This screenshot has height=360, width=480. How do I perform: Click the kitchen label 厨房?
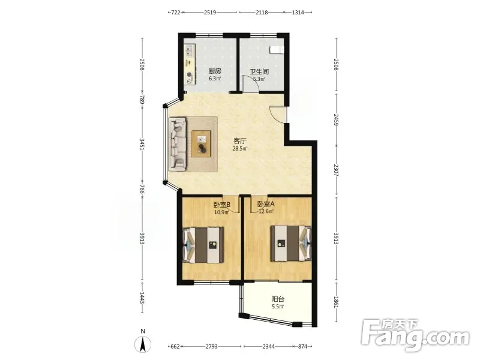(215, 71)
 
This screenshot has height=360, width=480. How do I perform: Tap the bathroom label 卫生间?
(259, 72)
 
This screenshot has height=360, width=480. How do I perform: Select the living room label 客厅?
(240, 141)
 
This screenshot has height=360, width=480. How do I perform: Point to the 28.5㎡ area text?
(240, 149)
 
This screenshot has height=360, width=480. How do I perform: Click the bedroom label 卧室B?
(221, 204)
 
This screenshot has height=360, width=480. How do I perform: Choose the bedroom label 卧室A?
(266, 204)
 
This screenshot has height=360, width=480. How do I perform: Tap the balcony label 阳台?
(278, 299)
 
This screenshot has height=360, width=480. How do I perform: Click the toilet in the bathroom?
(277, 50)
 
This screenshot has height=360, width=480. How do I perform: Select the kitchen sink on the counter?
(190, 51)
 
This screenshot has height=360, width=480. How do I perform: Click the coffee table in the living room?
(202, 144)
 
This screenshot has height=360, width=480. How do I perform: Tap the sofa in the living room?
(178, 144)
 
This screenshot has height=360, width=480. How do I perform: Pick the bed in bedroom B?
(203, 245)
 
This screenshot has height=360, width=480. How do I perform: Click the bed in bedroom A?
(291, 244)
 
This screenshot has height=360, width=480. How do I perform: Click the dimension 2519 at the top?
(210, 13)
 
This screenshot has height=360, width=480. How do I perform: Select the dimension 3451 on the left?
(142, 144)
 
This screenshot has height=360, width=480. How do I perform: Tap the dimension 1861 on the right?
(336, 302)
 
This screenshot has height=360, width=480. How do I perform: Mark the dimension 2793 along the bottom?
(212, 347)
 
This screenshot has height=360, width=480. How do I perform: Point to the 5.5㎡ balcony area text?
(278, 307)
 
